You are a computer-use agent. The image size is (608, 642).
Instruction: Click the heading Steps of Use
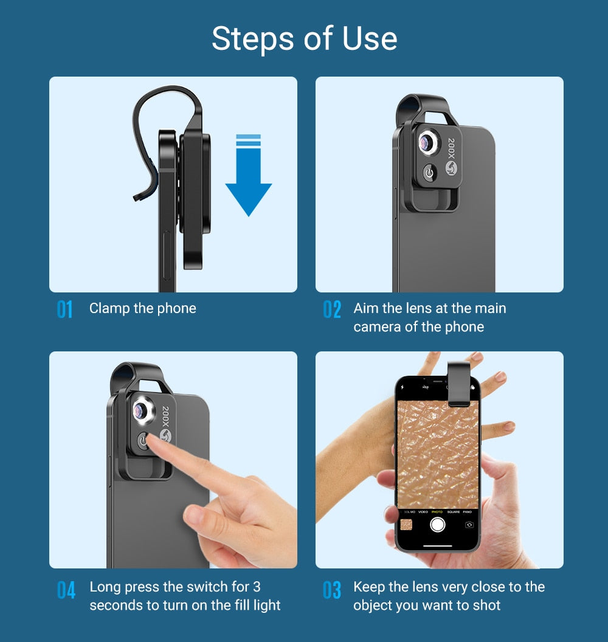click(304, 39)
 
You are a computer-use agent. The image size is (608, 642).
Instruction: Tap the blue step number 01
click(65, 309)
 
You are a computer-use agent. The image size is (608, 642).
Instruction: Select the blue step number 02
click(332, 309)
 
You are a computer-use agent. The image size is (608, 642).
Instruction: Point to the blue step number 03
click(332, 590)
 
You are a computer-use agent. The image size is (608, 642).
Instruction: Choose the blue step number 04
click(66, 590)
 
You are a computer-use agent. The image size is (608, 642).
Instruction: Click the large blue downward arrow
click(248, 176)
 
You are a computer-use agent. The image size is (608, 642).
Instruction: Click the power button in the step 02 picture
click(430, 173)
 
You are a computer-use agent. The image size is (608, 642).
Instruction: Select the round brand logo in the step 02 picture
click(451, 168)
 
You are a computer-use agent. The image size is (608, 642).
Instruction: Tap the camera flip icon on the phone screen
click(469, 524)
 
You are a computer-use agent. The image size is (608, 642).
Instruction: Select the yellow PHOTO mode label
click(437, 512)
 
